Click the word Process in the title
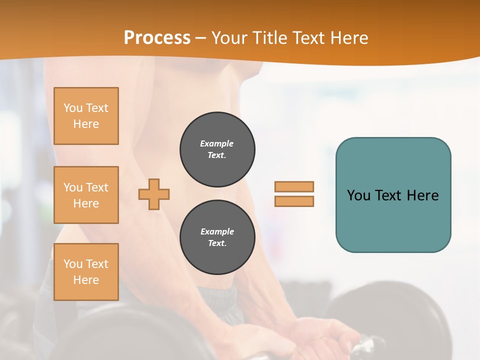click(157, 38)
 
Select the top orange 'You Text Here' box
click(86, 116)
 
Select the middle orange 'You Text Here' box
click(86, 195)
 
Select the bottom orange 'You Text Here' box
click(86, 272)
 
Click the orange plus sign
click(154, 194)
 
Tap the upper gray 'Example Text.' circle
click(217, 149)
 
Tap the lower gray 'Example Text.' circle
click(217, 237)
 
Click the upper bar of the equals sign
click(294, 186)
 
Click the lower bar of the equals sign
click(294, 201)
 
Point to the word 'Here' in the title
click(349, 38)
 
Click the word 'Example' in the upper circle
click(217, 143)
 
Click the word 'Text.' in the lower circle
click(217, 243)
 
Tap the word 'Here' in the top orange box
click(86, 124)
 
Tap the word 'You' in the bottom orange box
click(73, 264)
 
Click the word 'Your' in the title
click(228, 38)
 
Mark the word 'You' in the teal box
click(358, 195)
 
